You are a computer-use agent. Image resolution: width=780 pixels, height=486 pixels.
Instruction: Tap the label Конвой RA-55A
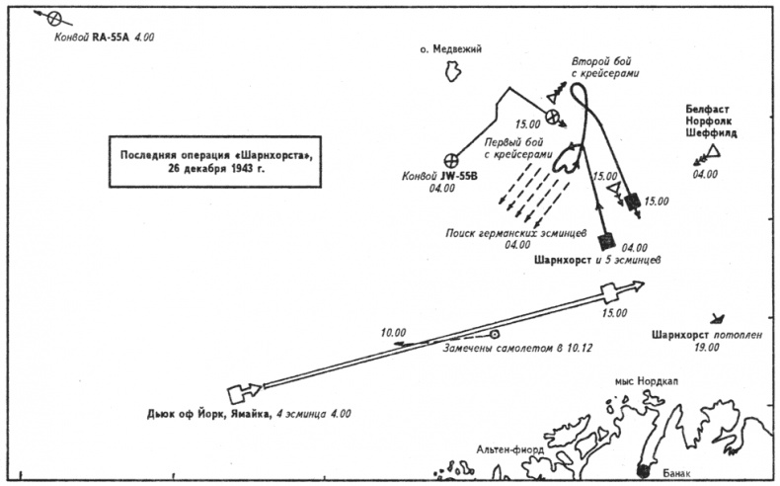pos(93,37)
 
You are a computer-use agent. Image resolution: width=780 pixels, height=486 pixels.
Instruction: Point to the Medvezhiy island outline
pos(453,71)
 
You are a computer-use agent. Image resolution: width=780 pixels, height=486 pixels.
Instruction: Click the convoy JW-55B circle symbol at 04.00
pos(453,158)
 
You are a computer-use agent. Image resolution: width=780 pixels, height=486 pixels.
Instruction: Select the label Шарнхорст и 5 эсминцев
pos(596,261)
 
